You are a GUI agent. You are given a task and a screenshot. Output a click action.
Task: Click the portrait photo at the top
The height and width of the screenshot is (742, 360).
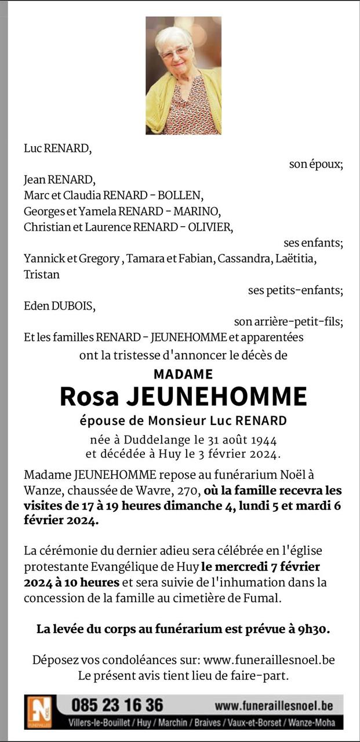(183, 75)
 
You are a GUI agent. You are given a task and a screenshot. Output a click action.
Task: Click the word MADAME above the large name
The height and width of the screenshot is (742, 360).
(183, 374)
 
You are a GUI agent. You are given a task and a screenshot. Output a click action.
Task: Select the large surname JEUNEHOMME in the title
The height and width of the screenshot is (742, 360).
(216, 397)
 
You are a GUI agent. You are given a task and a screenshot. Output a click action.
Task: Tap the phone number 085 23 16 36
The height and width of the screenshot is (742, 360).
(117, 705)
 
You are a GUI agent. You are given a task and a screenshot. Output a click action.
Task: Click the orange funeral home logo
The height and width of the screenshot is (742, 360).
(40, 712)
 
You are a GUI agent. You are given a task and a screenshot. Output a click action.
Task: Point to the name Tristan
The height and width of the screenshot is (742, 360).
(42, 275)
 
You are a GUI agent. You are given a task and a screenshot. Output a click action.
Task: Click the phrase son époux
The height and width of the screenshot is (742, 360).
(316, 165)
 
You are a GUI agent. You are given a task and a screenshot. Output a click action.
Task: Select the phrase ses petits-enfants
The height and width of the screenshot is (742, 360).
(295, 290)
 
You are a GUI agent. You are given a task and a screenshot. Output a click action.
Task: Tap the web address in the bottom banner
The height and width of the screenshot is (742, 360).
(274, 705)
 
